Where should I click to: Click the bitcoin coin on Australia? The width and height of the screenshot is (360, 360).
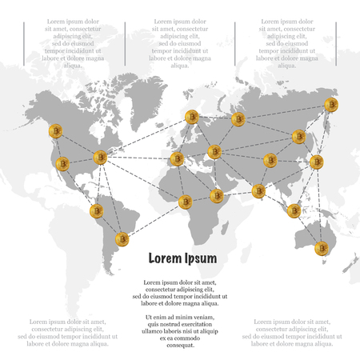point(322,247)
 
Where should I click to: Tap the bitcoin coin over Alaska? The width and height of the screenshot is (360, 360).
point(55,132)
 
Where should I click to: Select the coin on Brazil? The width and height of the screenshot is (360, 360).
point(123,239)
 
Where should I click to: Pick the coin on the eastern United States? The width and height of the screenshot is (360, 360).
point(101,158)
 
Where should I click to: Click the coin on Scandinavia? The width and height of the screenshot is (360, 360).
point(192,118)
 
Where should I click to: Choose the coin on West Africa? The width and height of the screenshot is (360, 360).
point(186,202)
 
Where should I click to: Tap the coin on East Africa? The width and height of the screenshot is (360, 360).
point(217,194)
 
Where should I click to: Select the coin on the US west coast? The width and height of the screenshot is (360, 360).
point(62,165)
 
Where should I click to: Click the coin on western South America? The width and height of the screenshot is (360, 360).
point(95,211)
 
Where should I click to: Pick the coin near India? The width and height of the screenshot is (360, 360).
point(258,190)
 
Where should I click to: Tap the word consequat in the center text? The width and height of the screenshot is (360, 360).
point(179,345)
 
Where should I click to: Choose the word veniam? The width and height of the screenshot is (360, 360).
point(200,317)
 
